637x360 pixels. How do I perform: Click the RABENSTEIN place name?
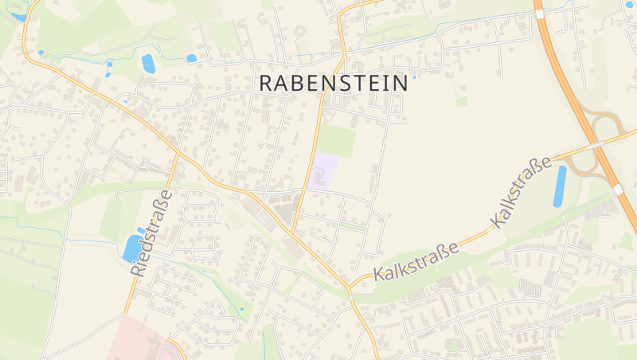coord(334,82)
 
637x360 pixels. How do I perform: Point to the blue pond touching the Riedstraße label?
coord(131,248)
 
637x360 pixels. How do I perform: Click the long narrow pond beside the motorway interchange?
coord(560,186)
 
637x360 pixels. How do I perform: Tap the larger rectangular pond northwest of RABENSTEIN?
coord(148,64)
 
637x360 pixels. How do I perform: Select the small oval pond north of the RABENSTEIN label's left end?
coord(191,58)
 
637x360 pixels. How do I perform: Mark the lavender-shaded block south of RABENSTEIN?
coord(323,172)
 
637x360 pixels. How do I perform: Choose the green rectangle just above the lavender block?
coord(336,140)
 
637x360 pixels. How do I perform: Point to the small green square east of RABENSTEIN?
coord(461,101)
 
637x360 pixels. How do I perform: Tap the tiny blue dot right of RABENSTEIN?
coord(414,77)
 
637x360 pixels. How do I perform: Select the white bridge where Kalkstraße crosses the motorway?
coord(594,147)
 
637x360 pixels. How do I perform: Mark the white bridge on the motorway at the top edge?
coord(540,13)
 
